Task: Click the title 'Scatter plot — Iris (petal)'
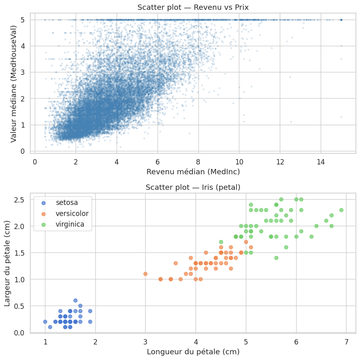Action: click(193, 187)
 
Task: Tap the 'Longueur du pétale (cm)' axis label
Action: click(193, 351)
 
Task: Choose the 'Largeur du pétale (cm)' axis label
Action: click(7, 263)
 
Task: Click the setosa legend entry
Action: click(67, 202)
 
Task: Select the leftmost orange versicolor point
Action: click(145, 274)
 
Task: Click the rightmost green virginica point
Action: click(341, 210)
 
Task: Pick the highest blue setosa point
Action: click(75, 300)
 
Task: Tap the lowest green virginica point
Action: click(276, 258)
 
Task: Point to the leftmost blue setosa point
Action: click(45, 322)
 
